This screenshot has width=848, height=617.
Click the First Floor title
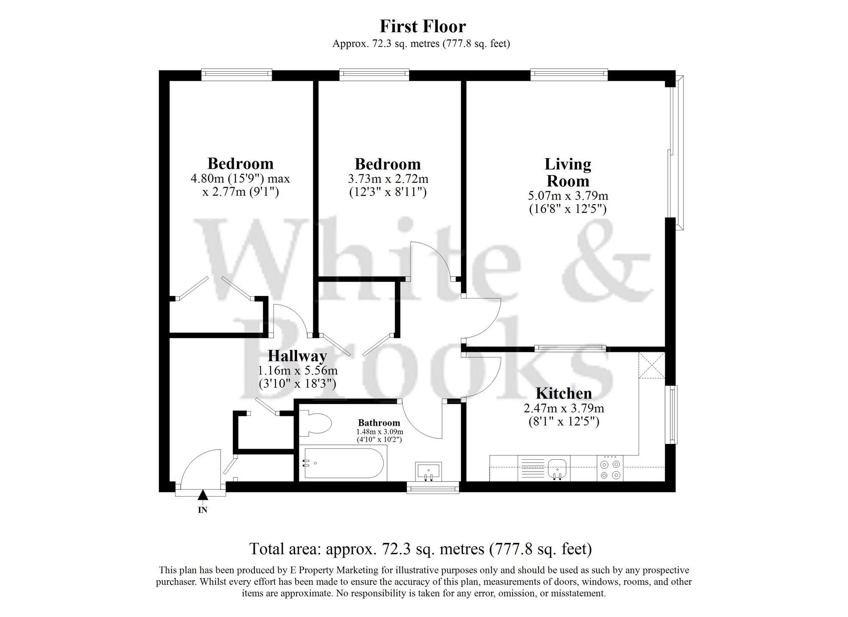coord(423,26)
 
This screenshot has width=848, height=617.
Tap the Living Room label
coord(568,172)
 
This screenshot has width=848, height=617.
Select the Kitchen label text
coord(563,393)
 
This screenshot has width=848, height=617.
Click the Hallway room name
coord(297,356)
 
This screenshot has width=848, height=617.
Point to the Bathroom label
coord(379,422)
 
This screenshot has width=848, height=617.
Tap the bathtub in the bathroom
coord(343,463)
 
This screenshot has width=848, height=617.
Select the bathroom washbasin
coord(429,471)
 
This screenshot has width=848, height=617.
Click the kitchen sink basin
coord(557,469)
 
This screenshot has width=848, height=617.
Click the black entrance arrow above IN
coord(203,495)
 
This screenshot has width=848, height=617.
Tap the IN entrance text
coord(203,510)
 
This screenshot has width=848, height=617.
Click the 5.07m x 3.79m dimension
coord(568,196)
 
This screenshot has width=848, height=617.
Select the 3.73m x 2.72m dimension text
coord(388,179)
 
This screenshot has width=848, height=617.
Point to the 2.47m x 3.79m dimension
coord(563,408)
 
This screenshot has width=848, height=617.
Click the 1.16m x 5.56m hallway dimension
coord(297,371)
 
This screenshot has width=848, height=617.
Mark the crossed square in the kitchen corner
coord(651,365)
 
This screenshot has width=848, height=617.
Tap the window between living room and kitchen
coord(570,348)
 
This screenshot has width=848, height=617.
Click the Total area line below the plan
coord(420,549)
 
